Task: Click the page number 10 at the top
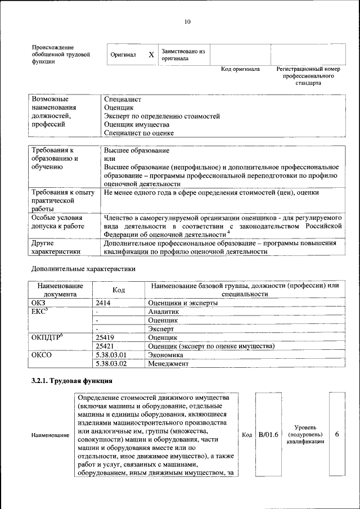pos(187,22)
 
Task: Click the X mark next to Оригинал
pos(151,55)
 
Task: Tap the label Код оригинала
pos(240,69)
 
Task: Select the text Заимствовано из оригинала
pos(183,55)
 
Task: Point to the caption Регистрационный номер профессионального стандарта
pos(308,76)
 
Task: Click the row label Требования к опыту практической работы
pos(62,200)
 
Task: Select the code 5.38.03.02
pos(111,363)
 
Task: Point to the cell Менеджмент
pos(168,363)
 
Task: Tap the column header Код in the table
pos(119,290)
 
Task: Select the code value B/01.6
pos(268,435)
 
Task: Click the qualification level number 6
pos(337,435)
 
